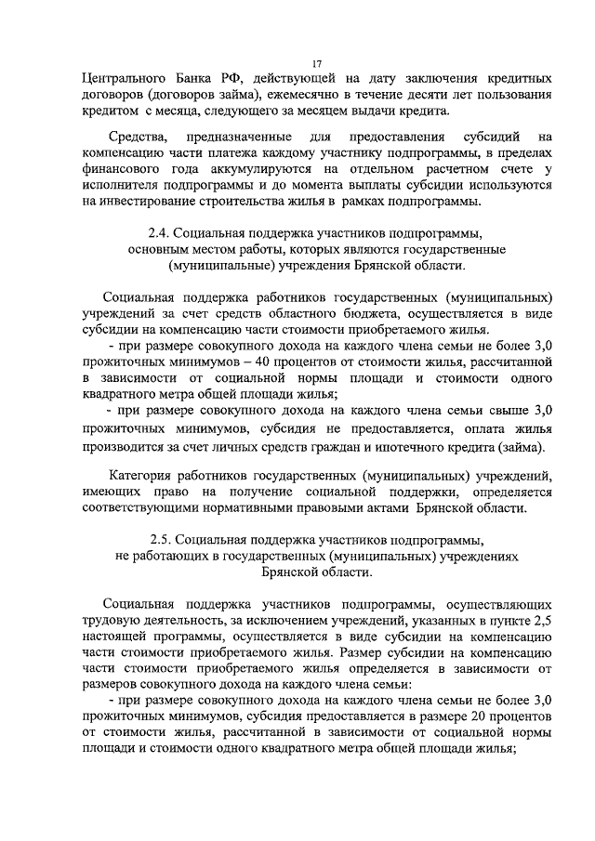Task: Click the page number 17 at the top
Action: (316, 63)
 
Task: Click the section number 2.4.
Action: (161, 232)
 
